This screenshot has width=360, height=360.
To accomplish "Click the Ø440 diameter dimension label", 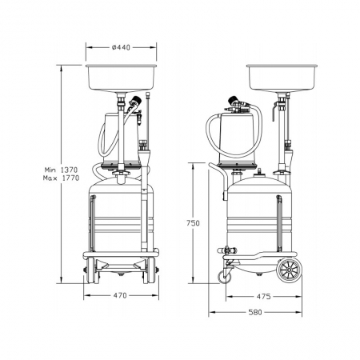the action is coord(121,47).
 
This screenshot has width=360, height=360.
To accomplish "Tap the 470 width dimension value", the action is coord(120,295).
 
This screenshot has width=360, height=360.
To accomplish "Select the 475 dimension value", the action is coord(263,297).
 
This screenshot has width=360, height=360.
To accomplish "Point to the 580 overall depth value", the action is coord(255,312).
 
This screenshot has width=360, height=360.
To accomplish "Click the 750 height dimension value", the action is coord(193,223).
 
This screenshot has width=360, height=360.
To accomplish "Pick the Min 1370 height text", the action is coord(61,170).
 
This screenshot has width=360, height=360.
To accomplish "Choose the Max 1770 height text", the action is coord(61,178).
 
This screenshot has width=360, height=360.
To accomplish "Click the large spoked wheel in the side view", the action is coord(290,270).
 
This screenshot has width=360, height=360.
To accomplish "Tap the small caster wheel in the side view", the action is coord(225,278).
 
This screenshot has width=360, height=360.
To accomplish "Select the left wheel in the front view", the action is coord(91,270).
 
